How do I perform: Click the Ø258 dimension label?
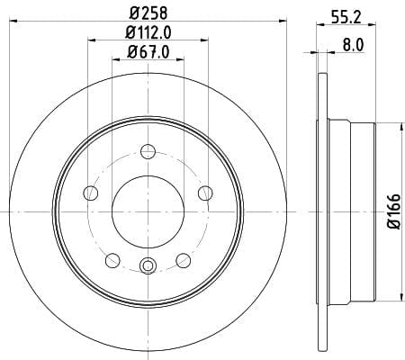click(148, 13)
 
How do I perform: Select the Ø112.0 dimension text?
click(148, 32)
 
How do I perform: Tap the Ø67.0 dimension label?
click(148, 52)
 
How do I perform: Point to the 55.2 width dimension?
click(346, 17)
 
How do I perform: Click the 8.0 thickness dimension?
click(353, 45)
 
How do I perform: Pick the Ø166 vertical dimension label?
click(394, 211)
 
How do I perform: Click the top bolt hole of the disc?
click(148, 151)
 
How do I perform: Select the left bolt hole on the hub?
click(91, 193)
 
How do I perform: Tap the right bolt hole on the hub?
click(205, 193)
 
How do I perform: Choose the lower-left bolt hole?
click(112, 260)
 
